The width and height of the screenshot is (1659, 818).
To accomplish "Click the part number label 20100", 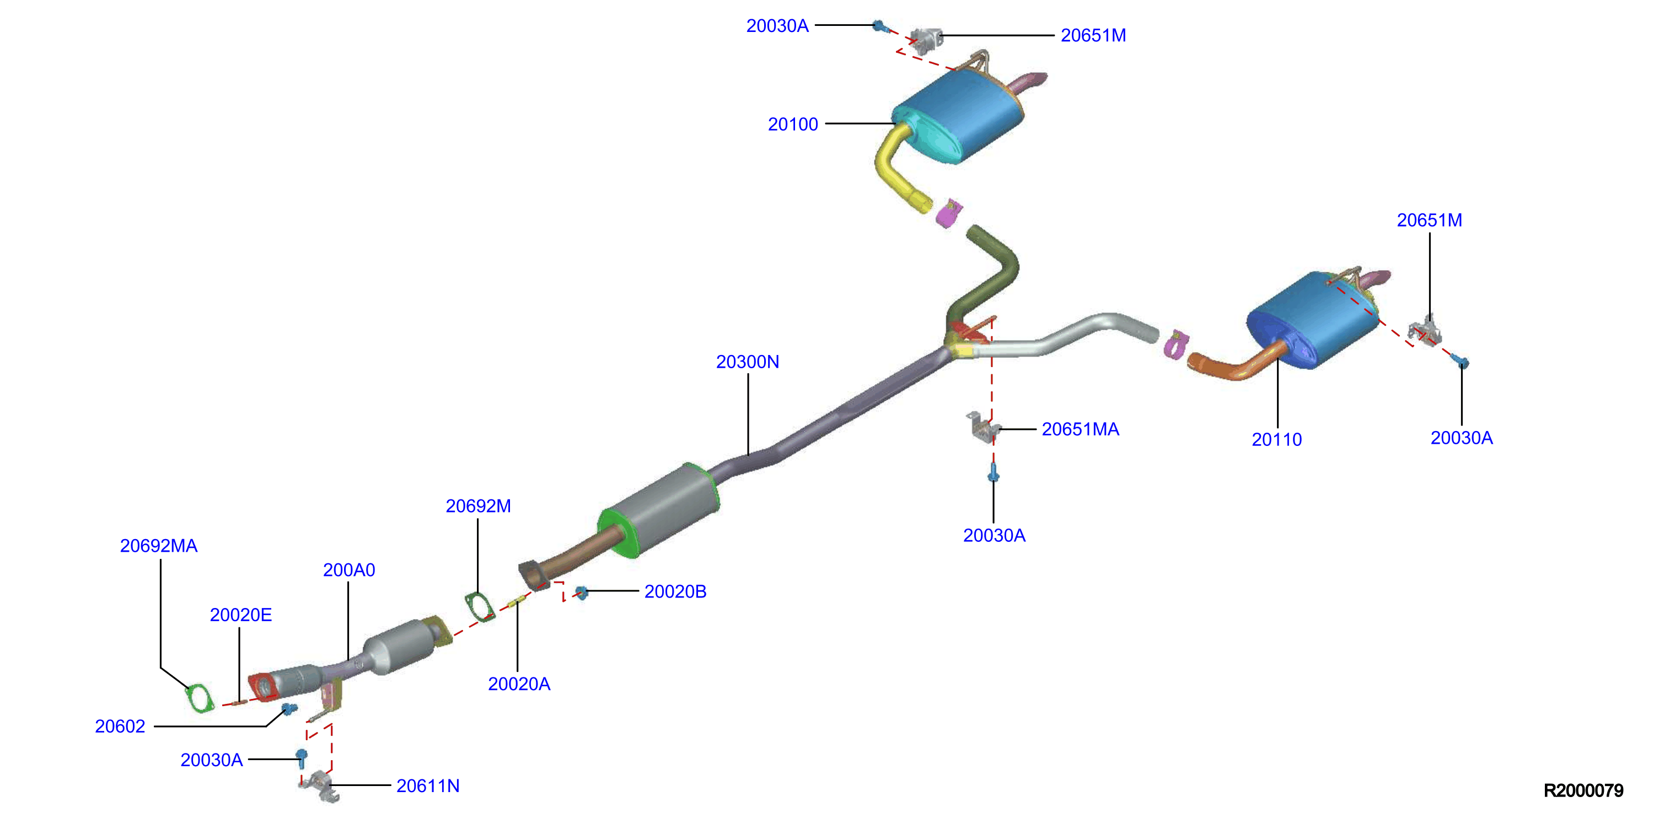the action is (x=792, y=125).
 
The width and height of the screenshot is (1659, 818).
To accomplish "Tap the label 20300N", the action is (x=747, y=362).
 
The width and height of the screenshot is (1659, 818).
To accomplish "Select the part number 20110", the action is (x=1276, y=439).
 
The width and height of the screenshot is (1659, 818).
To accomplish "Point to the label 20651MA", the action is (x=1080, y=429).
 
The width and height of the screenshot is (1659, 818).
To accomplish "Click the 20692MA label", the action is (x=158, y=546).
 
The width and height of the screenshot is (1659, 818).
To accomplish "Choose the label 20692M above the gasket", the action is (x=478, y=506).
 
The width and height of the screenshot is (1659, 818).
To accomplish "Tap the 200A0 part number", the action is (x=348, y=570).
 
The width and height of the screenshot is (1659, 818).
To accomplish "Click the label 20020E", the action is (x=240, y=615).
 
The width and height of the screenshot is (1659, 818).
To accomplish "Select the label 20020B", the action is (x=675, y=591).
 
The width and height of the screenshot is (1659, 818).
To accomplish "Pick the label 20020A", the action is (x=518, y=684).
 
